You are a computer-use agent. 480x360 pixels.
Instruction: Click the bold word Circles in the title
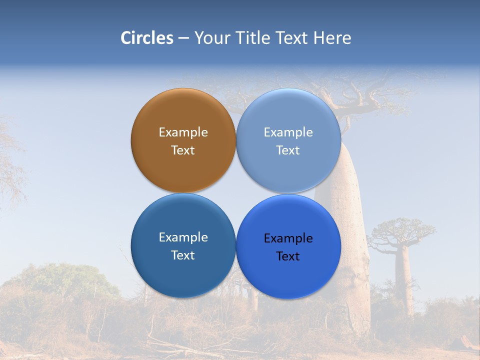pyautogui.click(x=147, y=38)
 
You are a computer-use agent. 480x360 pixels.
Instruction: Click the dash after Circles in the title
pyautogui.click(x=183, y=38)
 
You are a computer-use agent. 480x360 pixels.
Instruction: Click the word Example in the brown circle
pyautogui.click(x=183, y=132)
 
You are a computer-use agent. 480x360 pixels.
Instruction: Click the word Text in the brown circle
pyautogui.click(x=183, y=150)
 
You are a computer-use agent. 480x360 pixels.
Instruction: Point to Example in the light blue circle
pyautogui.click(x=288, y=132)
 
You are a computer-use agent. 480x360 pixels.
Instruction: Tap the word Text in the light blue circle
pyautogui.click(x=288, y=150)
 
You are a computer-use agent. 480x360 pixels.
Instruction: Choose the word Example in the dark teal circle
pyautogui.click(x=183, y=237)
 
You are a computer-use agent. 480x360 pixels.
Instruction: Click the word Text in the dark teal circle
pyautogui.click(x=183, y=255)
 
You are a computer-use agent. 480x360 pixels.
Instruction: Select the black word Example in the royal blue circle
pyautogui.click(x=288, y=238)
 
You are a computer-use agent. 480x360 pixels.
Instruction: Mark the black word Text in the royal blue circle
pyautogui.click(x=288, y=256)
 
